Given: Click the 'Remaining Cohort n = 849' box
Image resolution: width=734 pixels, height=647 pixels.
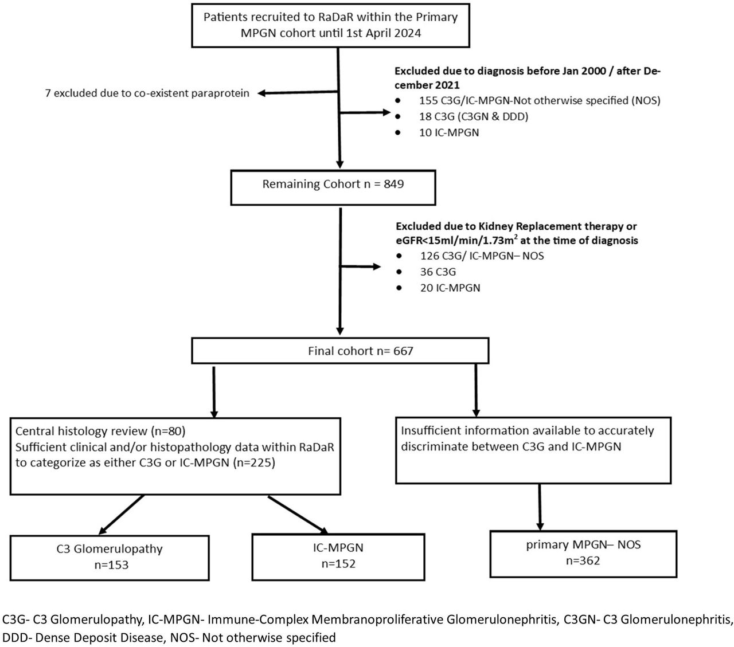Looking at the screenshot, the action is coord(333,187).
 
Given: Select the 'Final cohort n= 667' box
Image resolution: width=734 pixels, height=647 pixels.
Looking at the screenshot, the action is coord(340,351).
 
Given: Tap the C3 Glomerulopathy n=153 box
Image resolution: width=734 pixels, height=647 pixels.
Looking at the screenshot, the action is coord(110,558).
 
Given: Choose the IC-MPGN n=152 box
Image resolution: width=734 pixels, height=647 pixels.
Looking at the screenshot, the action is coord(338,557).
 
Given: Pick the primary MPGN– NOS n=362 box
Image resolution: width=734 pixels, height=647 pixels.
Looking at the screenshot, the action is coord(583,554).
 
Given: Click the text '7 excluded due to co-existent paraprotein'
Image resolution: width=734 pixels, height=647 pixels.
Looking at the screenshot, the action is coord(147,93).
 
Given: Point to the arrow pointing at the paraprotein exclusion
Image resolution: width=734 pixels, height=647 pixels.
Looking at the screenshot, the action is coord(298,93).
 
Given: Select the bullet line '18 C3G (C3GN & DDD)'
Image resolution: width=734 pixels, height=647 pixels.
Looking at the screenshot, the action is coord(474,116).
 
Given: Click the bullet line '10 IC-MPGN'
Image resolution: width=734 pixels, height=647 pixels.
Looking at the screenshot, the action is coord(449,132).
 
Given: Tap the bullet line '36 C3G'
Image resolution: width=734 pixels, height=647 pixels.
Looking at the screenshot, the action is coord(438,272).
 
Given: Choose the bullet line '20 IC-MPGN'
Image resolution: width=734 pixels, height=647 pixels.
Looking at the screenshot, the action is coord(450,288).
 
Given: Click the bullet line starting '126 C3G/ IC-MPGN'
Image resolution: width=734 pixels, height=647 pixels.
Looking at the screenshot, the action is coord(482,256).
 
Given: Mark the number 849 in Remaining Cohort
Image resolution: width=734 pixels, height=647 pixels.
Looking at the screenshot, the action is coord(393,184).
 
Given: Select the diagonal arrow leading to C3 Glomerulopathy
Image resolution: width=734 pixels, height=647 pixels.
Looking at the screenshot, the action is coord(122,515).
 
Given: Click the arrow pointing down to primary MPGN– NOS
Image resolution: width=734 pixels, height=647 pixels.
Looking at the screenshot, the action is coord(540,507).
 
